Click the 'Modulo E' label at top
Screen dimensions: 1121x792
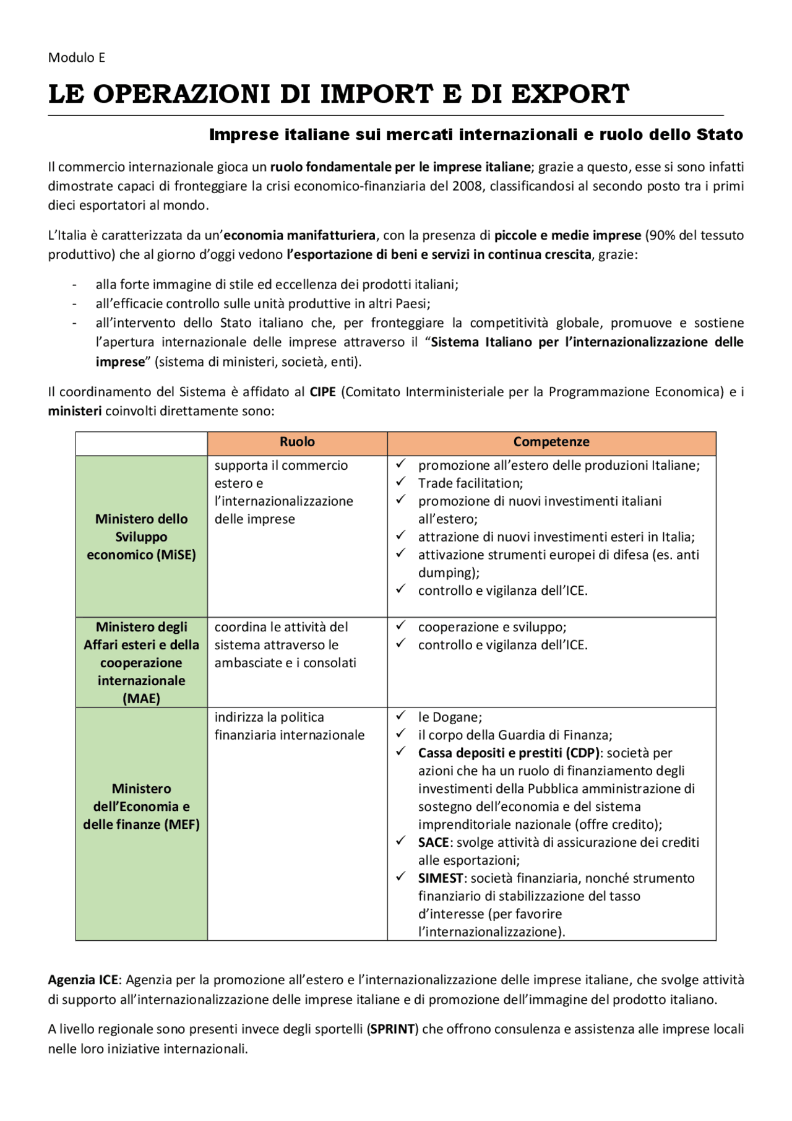pyautogui.click(x=77, y=58)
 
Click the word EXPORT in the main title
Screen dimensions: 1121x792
pyautogui.click(x=570, y=94)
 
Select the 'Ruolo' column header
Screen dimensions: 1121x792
pyautogui.click(x=297, y=442)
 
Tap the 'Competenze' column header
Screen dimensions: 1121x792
pyautogui.click(x=551, y=442)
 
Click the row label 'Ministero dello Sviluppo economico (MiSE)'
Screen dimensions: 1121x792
pyautogui.click(x=141, y=537)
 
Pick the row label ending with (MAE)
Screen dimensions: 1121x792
pyautogui.click(x=141, y=662)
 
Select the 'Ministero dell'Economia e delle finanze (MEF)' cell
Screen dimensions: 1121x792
pyautogui.click(x=141, y=806)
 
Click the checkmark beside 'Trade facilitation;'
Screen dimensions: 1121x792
pyautogui.click(x=401, y=482)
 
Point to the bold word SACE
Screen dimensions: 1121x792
pyautogui.click(x=433, y=842)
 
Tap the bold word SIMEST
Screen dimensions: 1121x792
pyautogui.click(x=441, y=878)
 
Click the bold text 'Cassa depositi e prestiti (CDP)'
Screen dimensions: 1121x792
pyautogui.click(x=509, y=753)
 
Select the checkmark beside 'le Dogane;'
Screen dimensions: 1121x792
pyautogui.click(x=401, y=716)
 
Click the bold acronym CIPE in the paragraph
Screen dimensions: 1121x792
pyautogui.click(x=322, y=392)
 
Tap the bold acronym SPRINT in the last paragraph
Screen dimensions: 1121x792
pyautogui.click(x=392, y=1029)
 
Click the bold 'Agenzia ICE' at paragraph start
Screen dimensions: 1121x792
pyautogui.click(x=83, y=980)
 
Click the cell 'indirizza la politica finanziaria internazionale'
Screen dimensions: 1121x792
pyautogui.click(x=289, y=726)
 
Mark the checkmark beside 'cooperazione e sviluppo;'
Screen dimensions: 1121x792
pyautogui.click(x=401, y=625)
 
